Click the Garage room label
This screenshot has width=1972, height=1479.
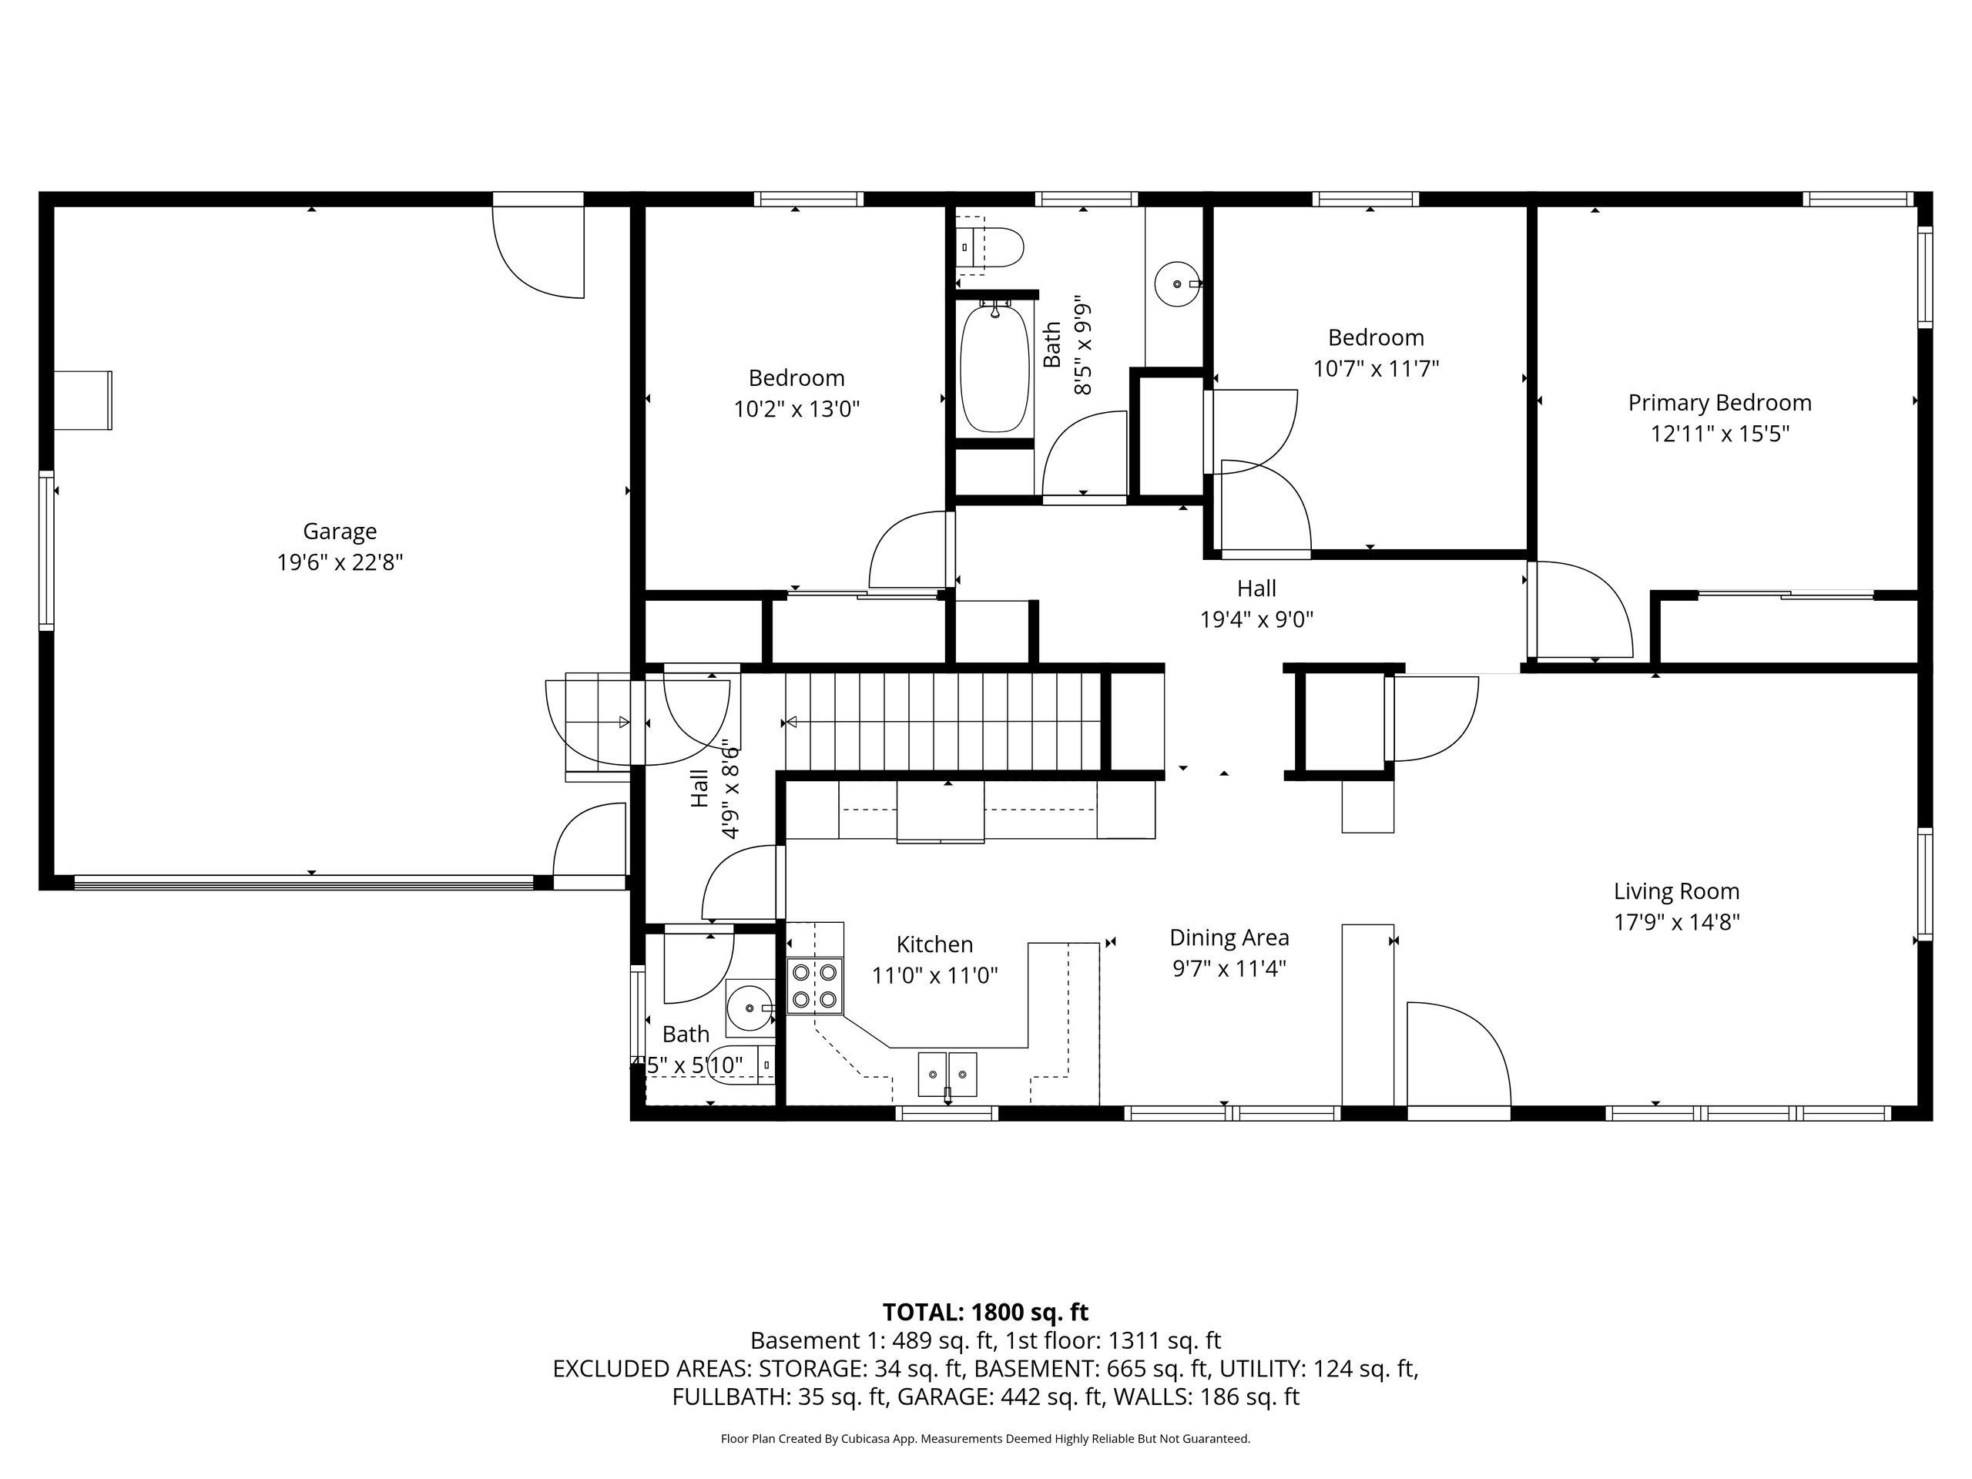[340, 532]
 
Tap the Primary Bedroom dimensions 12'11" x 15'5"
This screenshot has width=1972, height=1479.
[1719, 434]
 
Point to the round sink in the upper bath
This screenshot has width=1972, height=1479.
[1178, 283]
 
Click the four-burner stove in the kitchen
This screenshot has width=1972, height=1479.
[815, 986]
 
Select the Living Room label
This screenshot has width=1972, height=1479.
[1676, 891]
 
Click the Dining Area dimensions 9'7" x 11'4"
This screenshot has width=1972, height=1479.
[1229, 968]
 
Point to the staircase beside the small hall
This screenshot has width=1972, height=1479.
[943, 721]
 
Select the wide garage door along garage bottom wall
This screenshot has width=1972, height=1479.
[303, 883]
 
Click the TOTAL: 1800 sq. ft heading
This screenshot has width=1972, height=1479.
[985, 1313]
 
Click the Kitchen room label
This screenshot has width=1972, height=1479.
[934, 945]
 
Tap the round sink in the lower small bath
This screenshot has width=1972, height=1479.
[750, 1008]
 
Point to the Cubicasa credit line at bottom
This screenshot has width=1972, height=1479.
[985, 1439]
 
